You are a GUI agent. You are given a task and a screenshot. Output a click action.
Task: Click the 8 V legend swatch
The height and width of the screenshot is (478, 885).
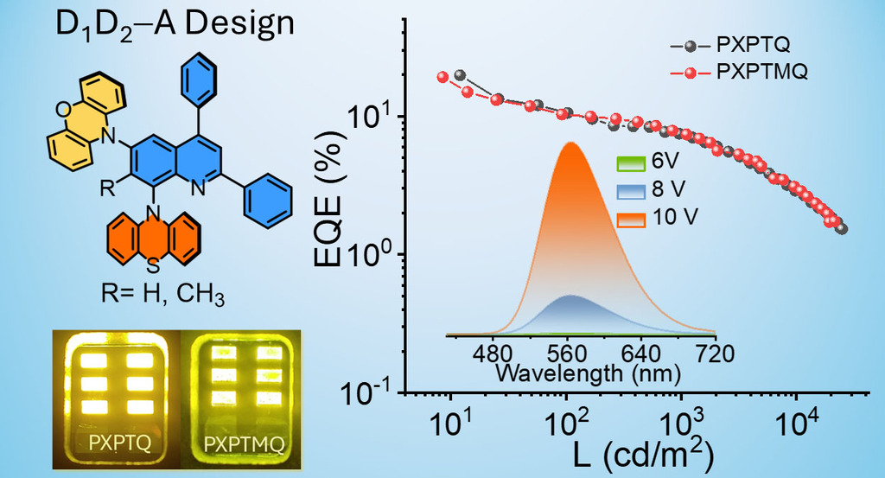click(x=631, y=190)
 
